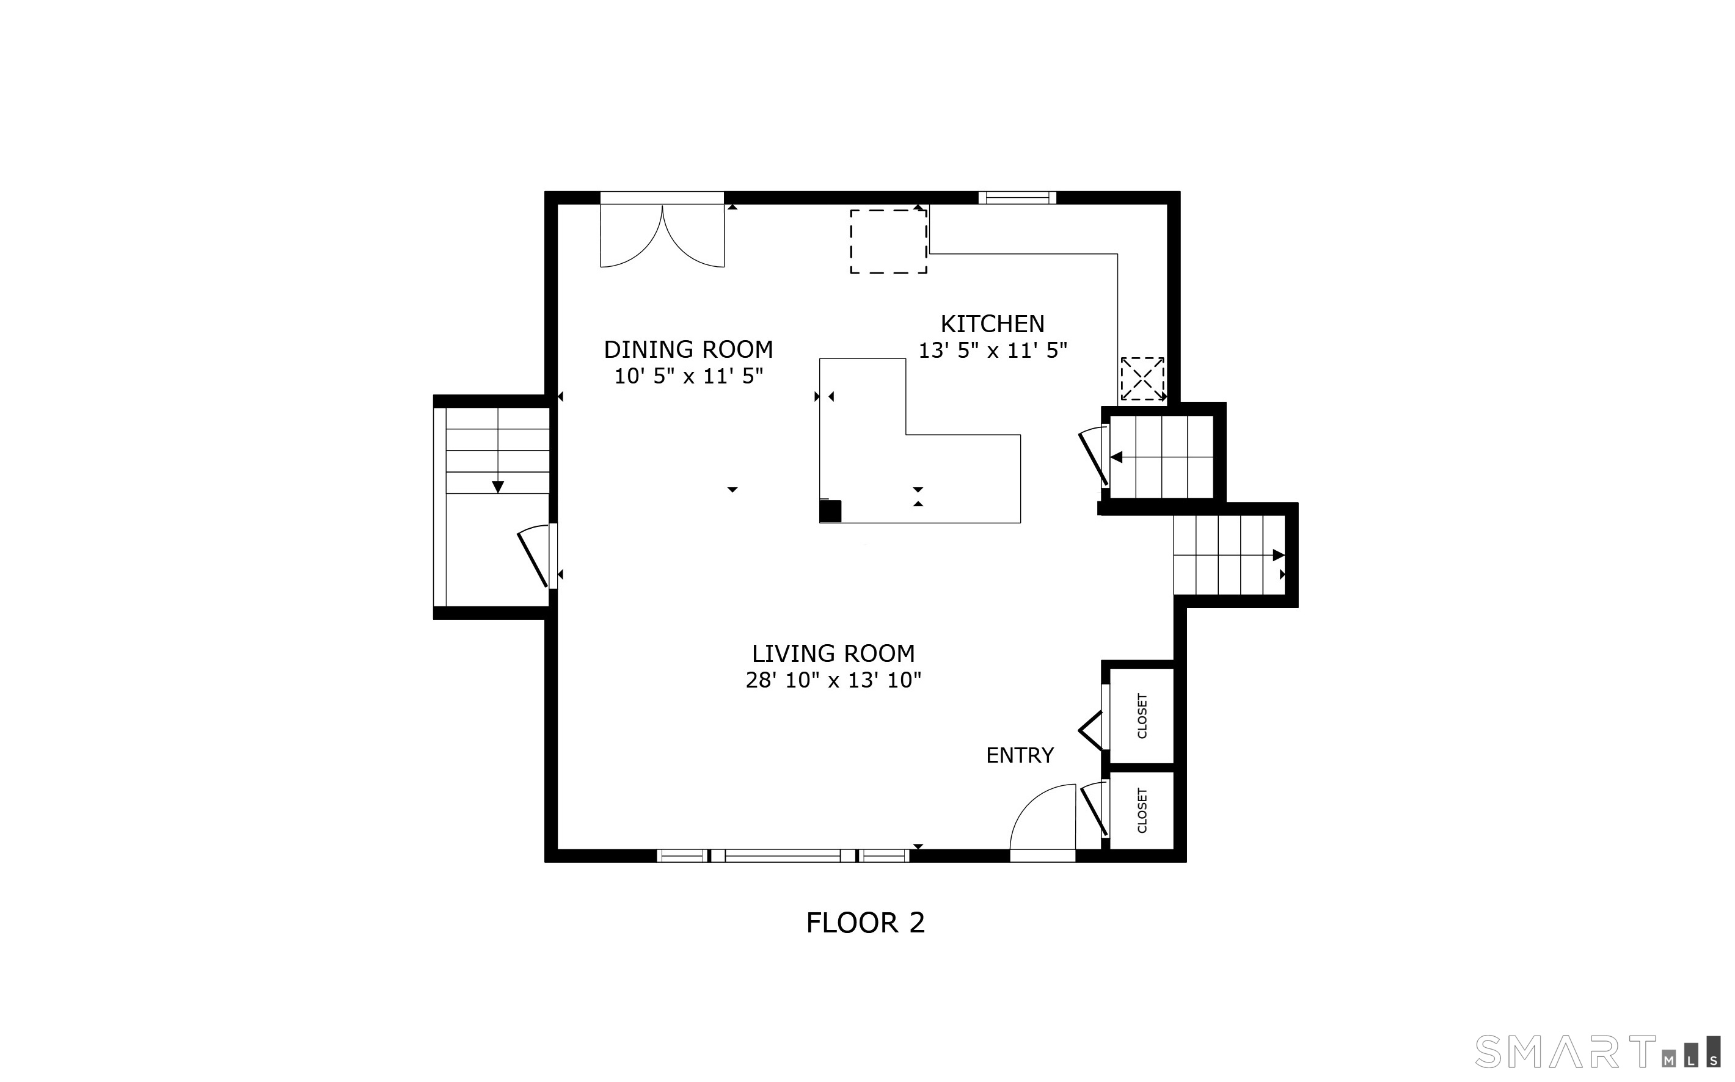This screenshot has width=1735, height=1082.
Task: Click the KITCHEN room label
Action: tap(992, 324)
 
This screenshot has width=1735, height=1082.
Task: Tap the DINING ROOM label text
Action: tap(689, 350)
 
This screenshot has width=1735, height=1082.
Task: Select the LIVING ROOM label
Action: tap(833, 653)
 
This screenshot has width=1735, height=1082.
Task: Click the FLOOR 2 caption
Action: tap(865, 923)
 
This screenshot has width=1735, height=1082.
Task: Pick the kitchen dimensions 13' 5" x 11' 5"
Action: tap(993, 350)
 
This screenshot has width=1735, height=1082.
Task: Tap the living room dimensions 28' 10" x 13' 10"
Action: tap(833, 680)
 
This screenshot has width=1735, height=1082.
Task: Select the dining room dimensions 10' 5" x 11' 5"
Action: tap(689, 376)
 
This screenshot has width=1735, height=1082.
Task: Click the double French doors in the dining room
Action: tap(662, 236)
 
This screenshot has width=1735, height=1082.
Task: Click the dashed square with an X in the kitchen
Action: tap(1142, 379)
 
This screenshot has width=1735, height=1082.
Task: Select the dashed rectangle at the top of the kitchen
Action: tap(888, 241)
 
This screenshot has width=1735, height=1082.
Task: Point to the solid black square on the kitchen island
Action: tap(830, 512)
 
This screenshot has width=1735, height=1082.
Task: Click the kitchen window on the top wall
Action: tap(1017, 197)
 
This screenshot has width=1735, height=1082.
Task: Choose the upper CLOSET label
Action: tap(1142, 716)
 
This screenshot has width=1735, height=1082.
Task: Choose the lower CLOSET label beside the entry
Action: tap(1142, 811)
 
